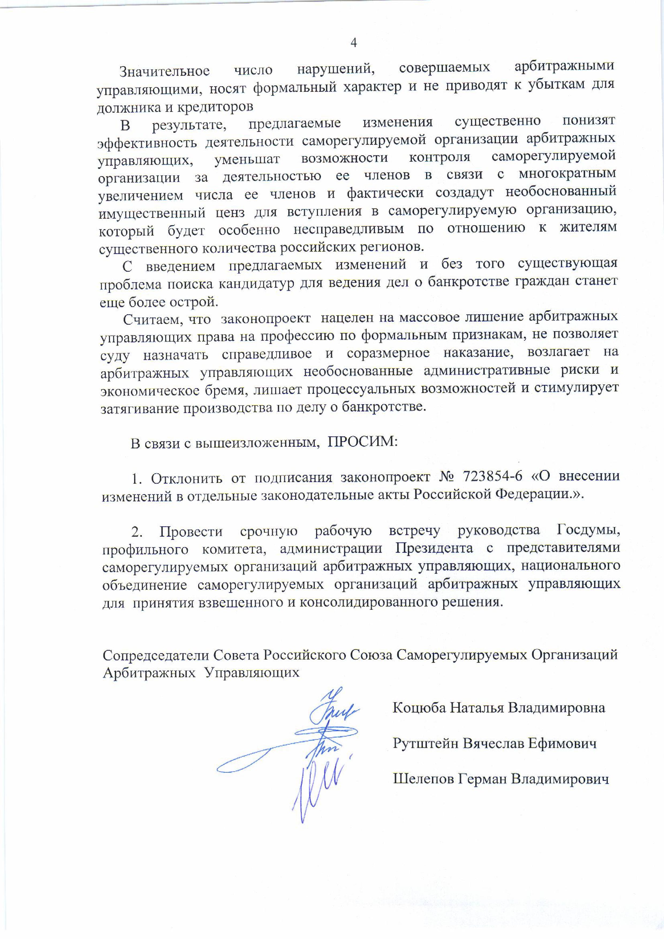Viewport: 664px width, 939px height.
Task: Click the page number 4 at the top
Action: [354, 43]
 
